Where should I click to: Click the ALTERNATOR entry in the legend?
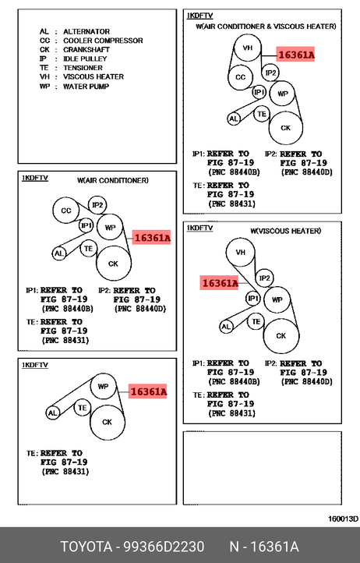pyautogui.click(x=75, y=32)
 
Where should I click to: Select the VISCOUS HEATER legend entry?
pyautogui.click(x=82, y=77)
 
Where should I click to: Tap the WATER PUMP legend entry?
pyautogui.click(x=74, y=87)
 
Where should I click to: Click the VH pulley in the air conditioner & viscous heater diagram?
pyautogui.click(x=247, y=48)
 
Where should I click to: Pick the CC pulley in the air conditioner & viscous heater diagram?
pyautogui.click(x=241, y=77)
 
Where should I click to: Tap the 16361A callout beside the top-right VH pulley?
pyautogui.click(x=295, y=55)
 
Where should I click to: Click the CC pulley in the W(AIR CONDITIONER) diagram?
pyautogui.click(x=66, y=211)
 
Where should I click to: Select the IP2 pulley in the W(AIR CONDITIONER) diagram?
pyautogui.click(x=97, y=205)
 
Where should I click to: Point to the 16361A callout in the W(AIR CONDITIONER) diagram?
pyautogui.click(x=151, y=238)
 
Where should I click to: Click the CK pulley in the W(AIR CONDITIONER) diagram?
pyautogui.click(x=114, y=264)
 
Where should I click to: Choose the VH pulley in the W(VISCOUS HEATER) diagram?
pyautogui.click(x=241, y=252)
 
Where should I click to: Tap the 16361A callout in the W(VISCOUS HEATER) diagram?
pyautogui.click(x=219, y=283)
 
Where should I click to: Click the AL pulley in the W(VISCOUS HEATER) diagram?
pyautogui.click(x=226, y=327)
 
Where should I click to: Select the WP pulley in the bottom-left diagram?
pyautogui.click(x=103, y=386)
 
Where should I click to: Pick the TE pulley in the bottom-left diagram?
pyautogui.click(x=82, y=408)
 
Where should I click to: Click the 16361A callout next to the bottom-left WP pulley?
pyautogui.click(x=147, y=391)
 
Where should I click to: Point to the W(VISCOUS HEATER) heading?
pyautogui.click(x=285, y=231)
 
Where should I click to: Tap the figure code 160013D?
pyautogui.click(x=343, y=519)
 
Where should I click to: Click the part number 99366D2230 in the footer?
pyautogui.click(x=164, y=547)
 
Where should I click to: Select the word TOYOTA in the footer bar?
pyautogui.click(x=86, y=547)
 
